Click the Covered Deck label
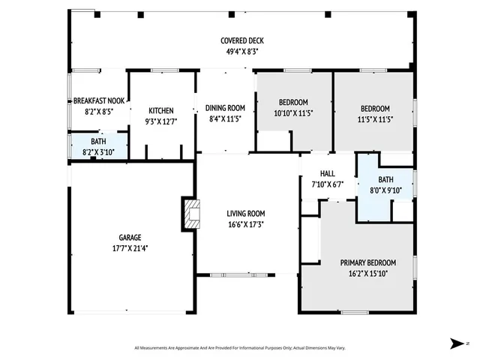tap(241, 40)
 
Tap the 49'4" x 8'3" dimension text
tap(241, 52)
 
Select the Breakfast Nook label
tap(98, 100)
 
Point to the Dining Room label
tap(225, 108)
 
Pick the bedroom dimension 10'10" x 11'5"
tap(294, 113)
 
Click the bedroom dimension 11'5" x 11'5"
tap(373, 118)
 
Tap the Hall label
tap(327, 172)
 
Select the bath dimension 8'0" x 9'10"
tap(385, 190)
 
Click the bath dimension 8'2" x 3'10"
tap(98, 152)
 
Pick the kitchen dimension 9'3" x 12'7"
tap(161, 120)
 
